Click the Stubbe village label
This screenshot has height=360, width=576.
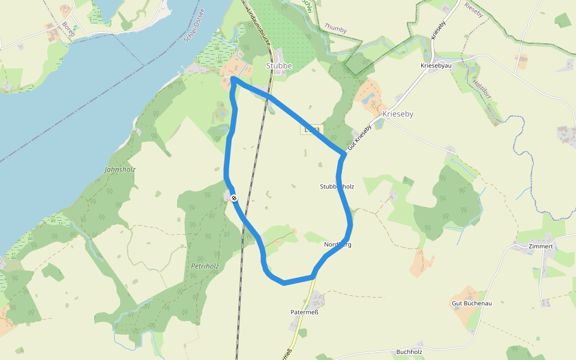(x=279, y=65)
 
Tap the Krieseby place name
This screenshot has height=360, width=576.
(x=398, y=113)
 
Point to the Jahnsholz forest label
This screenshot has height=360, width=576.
(x=120, y=170)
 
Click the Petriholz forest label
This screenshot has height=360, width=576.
(x=205, y=265)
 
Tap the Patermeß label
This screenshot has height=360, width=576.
(x=304, y=312)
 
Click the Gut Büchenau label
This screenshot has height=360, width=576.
(x=472, y=304)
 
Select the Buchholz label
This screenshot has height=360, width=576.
(x=409, y=352)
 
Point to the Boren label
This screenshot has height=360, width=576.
(x=68, y=29)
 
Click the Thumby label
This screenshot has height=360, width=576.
(x=335, y=27)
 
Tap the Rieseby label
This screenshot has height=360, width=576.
(x=473, y=10)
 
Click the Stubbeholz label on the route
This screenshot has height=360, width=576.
(x=337, y=187)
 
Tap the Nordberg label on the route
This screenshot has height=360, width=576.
(x=338, y=245)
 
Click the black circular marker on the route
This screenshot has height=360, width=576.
(x=233, y=198)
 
